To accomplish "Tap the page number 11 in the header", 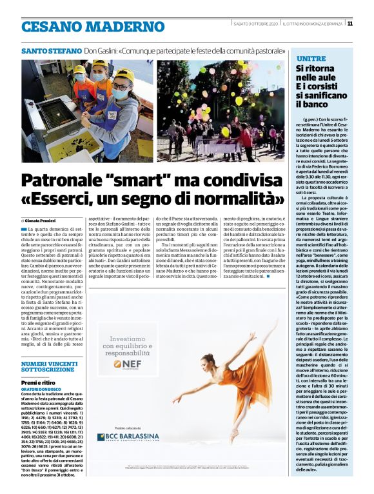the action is click(349, 24).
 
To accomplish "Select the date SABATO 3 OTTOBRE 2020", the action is click(256, 24).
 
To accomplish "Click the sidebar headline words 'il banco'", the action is click(309, 103).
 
